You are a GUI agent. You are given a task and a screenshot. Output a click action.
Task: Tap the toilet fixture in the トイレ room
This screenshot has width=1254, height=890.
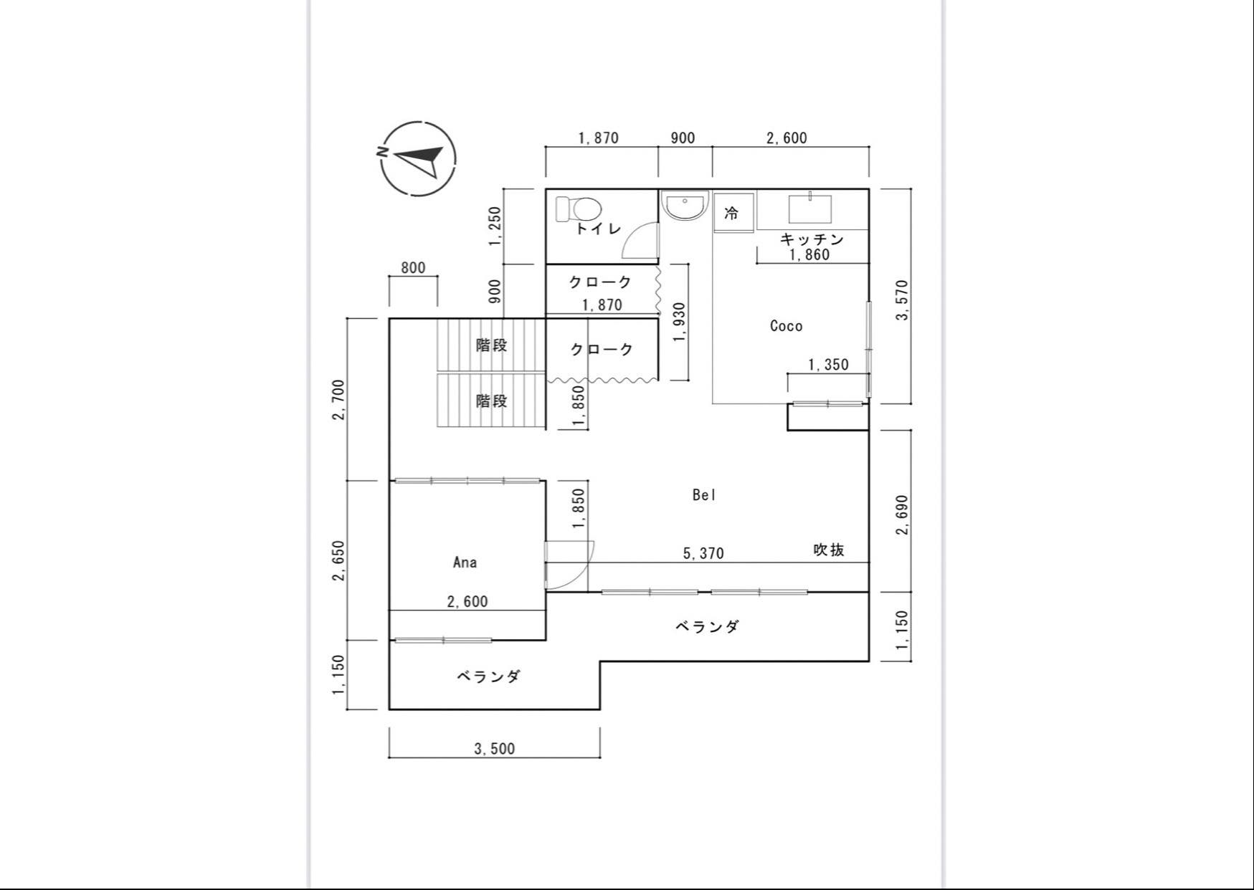579,209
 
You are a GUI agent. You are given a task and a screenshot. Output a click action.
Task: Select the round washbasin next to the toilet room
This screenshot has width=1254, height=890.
684,206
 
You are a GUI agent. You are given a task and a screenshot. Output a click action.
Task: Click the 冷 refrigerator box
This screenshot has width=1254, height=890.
733,213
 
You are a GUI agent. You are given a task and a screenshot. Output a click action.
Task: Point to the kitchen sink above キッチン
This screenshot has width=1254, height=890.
810,209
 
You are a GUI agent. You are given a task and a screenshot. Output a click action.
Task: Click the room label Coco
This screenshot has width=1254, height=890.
786,326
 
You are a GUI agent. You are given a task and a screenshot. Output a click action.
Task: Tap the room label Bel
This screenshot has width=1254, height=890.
704,494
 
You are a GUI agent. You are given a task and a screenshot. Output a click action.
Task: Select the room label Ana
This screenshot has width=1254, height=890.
465,563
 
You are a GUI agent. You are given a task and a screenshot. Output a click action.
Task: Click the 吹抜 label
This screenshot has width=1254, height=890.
828,550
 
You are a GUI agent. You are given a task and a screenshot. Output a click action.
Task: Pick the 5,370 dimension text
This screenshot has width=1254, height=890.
703,553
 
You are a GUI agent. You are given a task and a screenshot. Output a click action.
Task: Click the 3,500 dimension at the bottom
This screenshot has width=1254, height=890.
495,749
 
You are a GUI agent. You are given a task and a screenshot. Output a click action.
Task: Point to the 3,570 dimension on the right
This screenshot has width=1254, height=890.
902,300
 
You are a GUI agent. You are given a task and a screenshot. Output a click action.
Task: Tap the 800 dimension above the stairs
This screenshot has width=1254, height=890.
413,268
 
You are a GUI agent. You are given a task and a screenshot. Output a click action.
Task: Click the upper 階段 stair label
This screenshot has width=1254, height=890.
492,345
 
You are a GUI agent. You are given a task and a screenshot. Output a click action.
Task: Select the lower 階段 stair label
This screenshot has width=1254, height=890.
492,401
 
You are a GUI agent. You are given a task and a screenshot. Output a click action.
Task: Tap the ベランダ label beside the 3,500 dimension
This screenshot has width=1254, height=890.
488,676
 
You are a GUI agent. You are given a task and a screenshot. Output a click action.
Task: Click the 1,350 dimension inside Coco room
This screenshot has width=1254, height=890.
828,365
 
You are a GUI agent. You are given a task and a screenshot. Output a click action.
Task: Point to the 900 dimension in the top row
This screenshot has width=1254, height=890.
683,138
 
